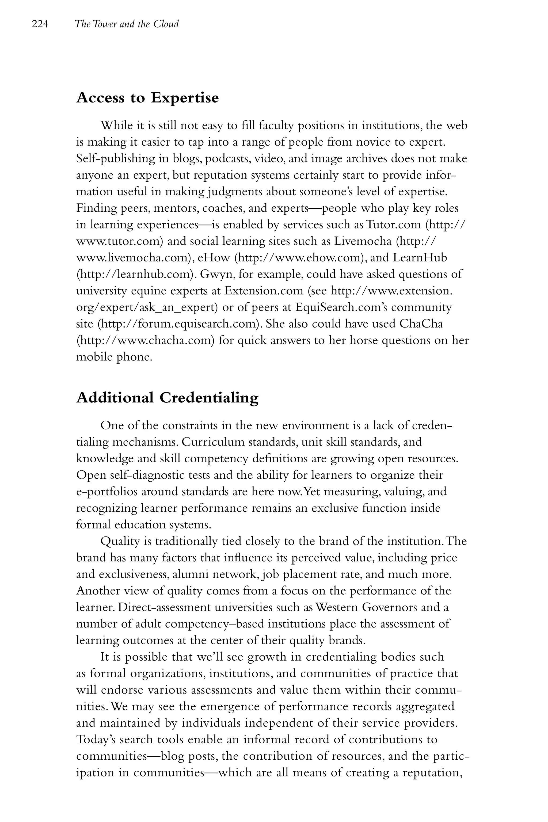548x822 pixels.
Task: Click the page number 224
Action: [40, 24]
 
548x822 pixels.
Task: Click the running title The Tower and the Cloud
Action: [127, 24]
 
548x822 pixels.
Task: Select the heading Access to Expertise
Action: [147, 97]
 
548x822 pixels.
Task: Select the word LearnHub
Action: [420, 258]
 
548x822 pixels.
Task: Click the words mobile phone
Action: [114, 357]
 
